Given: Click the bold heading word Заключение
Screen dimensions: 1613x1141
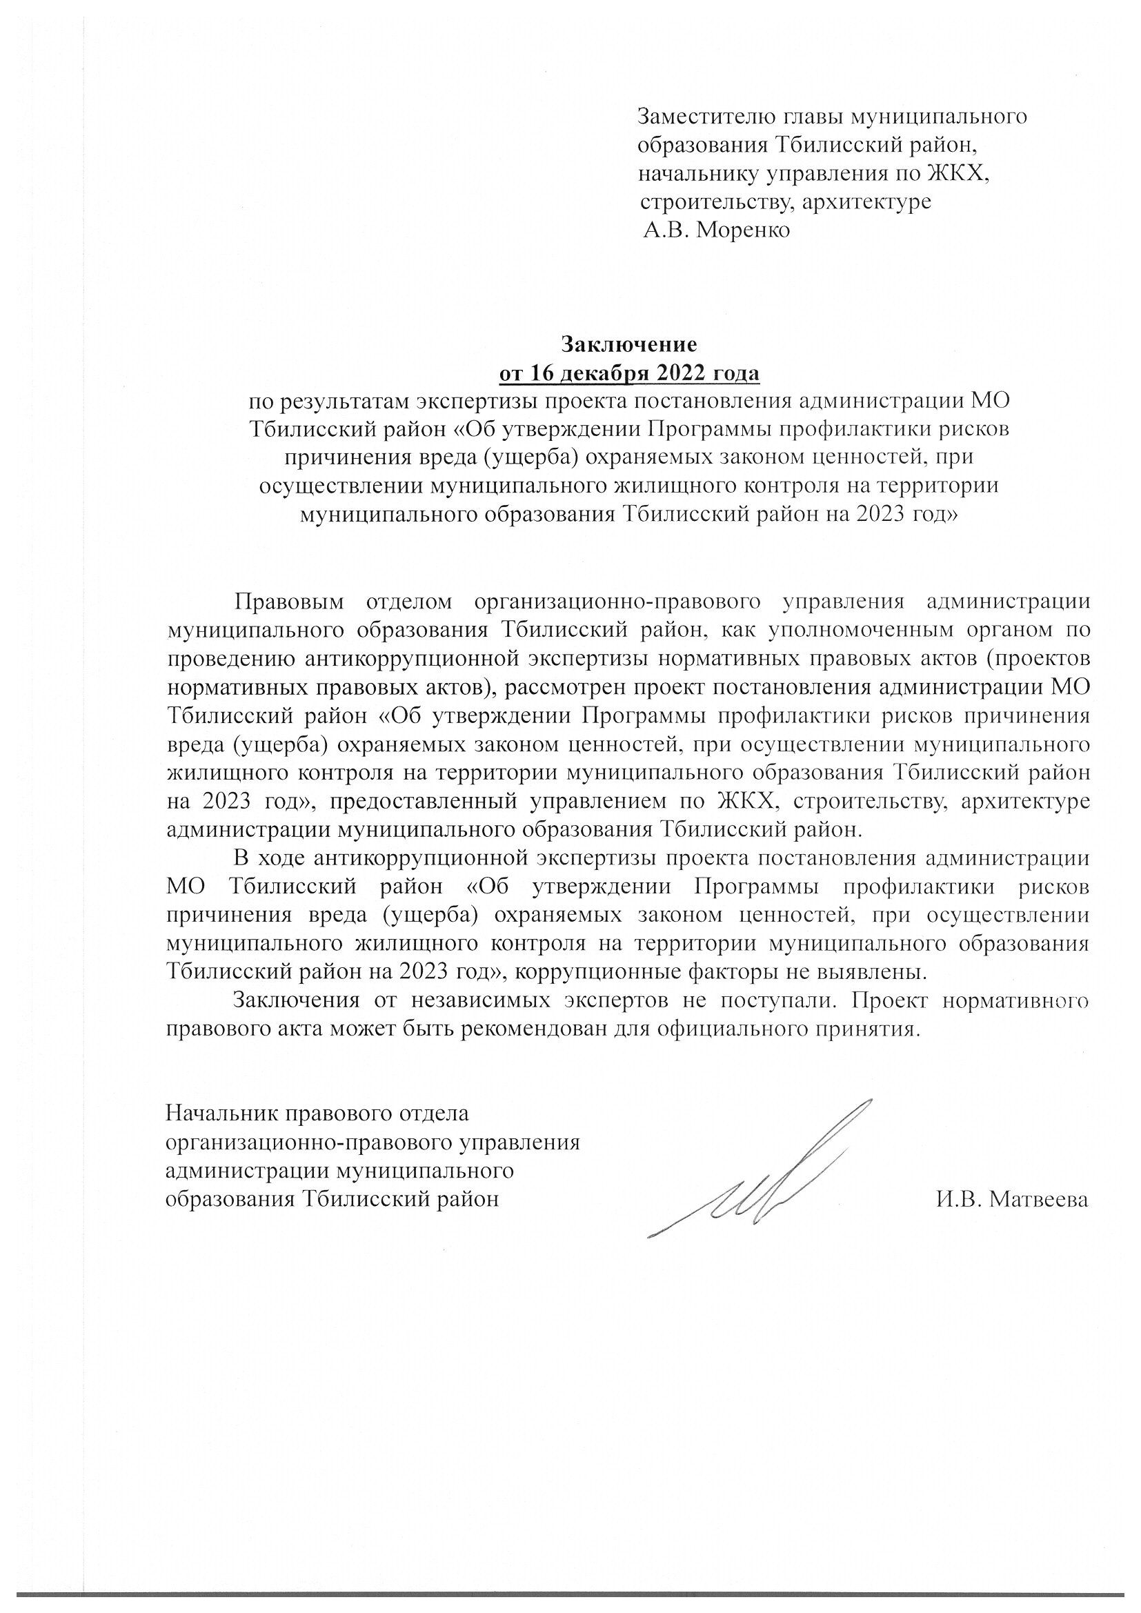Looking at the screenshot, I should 628,344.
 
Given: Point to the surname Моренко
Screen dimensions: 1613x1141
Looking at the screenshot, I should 743,230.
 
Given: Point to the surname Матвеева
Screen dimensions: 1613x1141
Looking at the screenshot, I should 1038,1199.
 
